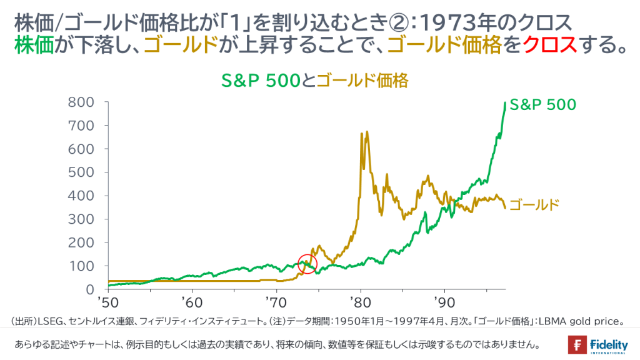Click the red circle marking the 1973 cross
pos(307,264)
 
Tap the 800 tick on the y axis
pos(81,102)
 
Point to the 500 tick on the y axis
pos(81,172)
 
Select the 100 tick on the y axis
pos(81,266)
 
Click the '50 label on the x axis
pos(108,302)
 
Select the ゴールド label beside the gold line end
pos(533,204)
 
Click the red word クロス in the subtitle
pos(549,45)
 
